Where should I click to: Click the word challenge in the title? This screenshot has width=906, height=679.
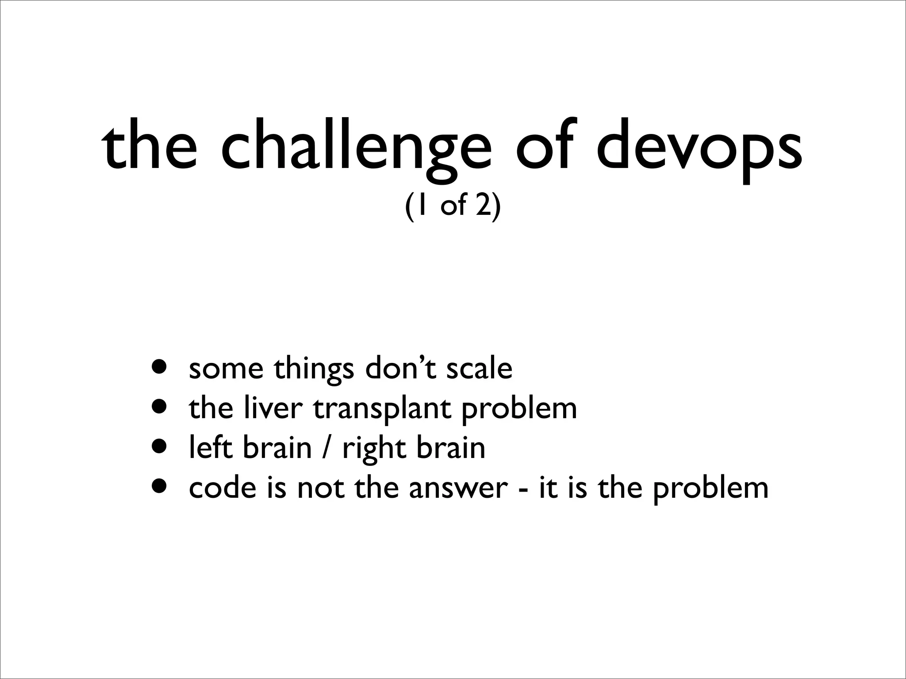(x=356, y=146)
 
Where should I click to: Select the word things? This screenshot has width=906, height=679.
(x=314, y=370)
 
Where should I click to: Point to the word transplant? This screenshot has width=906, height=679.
(x=382, y=409)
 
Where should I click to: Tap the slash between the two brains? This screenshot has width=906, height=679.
(x=327, y=448)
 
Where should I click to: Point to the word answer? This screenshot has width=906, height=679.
(x=458, y=488)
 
